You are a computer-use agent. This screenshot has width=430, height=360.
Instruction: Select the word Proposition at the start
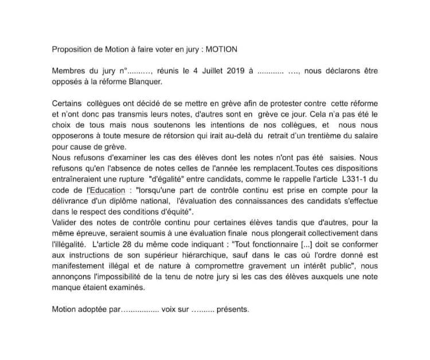point(74,50)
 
